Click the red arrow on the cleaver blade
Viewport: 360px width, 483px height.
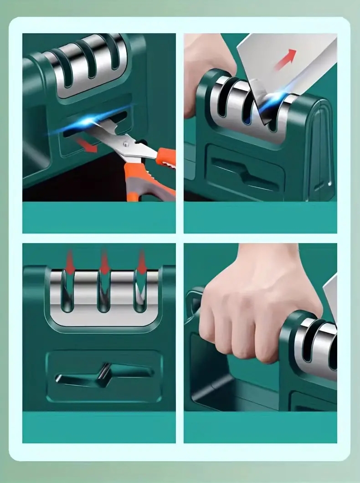tap(285, 59)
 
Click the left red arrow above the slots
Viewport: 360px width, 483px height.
tap(70, 262)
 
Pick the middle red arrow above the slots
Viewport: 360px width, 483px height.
tap(105, 262)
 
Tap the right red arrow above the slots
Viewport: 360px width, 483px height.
tap(142, 262)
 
